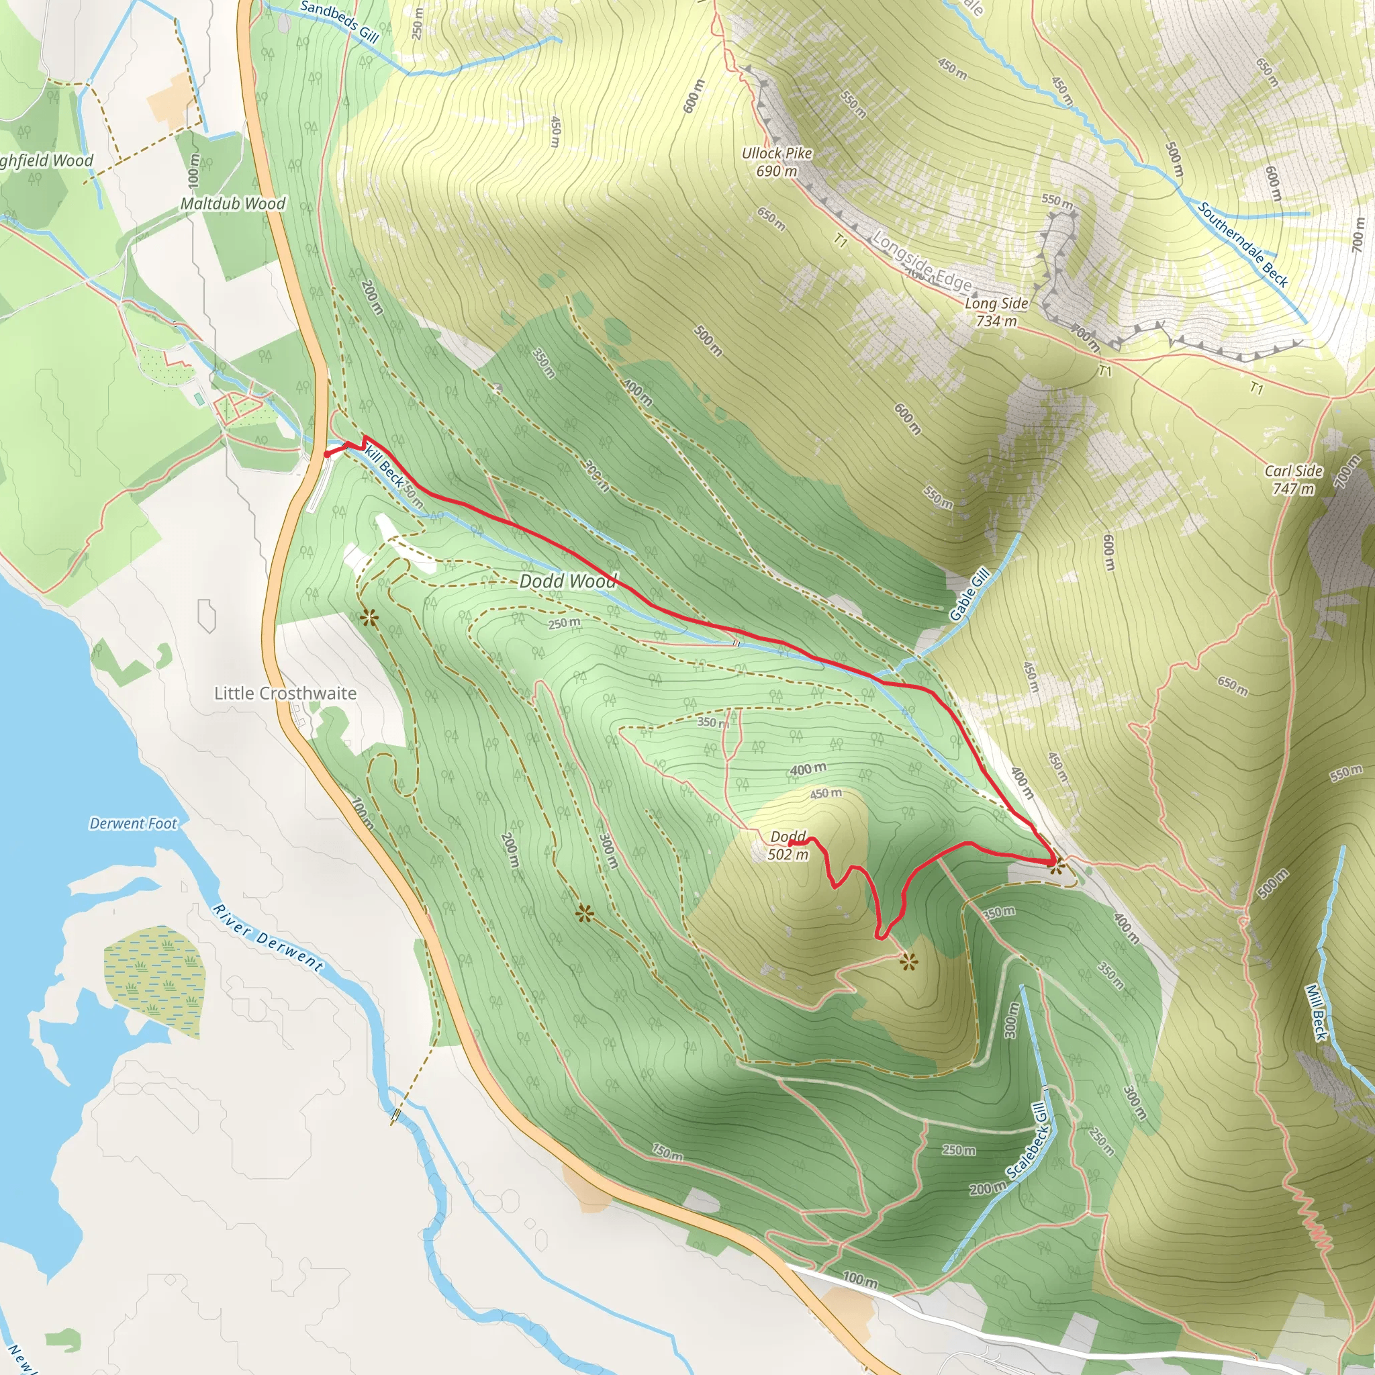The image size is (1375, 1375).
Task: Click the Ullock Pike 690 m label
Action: (x=777, y=162)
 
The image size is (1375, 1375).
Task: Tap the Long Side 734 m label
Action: (x=996, y=312)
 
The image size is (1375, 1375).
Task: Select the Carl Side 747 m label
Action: (x=1293, y=479)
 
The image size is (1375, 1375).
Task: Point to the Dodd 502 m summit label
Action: (x=789, y=845)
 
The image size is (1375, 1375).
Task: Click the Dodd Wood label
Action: (x=567, y=581)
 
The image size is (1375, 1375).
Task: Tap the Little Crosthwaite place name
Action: (x=285, y=693)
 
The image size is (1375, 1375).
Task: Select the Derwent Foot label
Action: (x=133, y=823)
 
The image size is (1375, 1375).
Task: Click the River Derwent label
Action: (x=268, y=938)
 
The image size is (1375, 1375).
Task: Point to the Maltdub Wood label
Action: (x=233, y=203)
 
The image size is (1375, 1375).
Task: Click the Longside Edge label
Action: (x=922, y=261)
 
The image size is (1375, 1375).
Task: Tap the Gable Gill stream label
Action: (x=970, y=594)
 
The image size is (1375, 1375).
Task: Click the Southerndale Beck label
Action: (x=1243, y=244)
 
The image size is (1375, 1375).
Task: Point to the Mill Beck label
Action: (x=1316, y=1012)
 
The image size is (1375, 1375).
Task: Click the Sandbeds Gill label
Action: (x=339, y=21)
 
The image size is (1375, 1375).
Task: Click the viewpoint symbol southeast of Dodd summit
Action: (x=908, y=963)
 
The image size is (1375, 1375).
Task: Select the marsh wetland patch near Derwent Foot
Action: (x=155, y=982)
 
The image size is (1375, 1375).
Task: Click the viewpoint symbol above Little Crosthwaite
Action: (x=369, y=617)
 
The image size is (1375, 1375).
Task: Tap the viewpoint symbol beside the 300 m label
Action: (x=584, y=913)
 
